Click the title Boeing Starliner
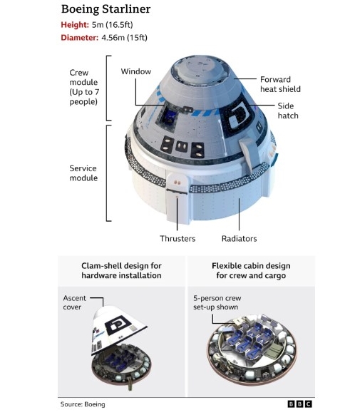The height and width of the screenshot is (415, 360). tap(106, 9)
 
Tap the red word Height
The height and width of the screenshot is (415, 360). tap(75, 25)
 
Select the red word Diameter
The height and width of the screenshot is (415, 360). tap(80, 38)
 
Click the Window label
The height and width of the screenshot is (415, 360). tap(136, 71)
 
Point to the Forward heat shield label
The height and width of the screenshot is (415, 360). tap(280, 84)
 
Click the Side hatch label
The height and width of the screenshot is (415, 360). tap(288, 111)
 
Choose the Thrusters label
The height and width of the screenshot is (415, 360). tap(178, 238)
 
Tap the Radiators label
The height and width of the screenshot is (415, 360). tap(239, 238)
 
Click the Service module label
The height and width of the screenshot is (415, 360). tap(83, 173)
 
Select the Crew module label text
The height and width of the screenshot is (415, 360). tap(84, 87)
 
